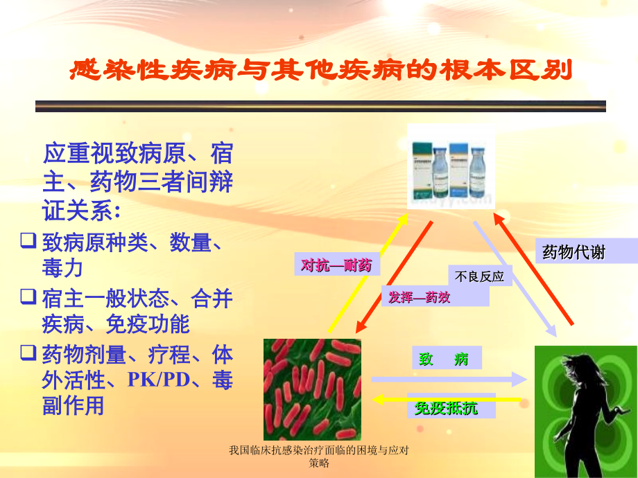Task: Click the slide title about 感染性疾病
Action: point(321,71)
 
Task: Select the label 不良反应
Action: point(479,277)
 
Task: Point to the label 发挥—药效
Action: point(420,298)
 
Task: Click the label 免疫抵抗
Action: point(446,408)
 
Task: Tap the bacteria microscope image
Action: point(312,389)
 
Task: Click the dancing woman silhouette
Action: point(585,412)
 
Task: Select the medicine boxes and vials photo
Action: point(451,166)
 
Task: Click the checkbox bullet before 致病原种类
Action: point(28,242)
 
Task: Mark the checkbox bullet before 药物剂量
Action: point(28,354)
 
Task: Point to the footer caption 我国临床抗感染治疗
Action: point(318,457)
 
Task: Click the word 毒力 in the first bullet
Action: point(62,267)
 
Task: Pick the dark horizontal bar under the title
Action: point(320,106)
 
